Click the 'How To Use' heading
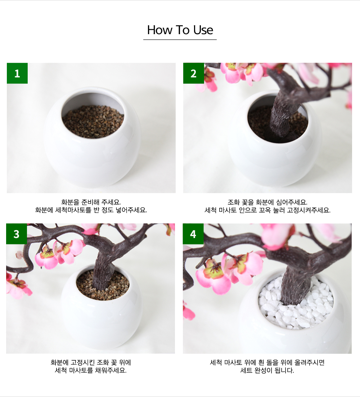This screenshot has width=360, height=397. tap(180, 30)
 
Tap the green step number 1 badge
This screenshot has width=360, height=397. tap(17, 73)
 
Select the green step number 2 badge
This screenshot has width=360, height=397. tap(194, 73)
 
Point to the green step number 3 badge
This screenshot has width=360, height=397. tap(17, 234)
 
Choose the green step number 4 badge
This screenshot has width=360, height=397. tap(193, 234)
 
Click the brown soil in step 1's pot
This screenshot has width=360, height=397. tap(93, 122)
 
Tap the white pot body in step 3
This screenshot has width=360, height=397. tap(102, 319)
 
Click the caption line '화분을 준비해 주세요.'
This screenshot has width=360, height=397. tap(91, 202)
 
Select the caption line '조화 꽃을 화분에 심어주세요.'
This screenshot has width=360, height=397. tap(267, 202)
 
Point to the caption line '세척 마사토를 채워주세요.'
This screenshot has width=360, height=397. tap(91, 370)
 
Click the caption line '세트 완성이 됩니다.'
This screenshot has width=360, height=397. tap(267, 370)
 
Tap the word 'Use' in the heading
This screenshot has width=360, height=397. tap(203, 30)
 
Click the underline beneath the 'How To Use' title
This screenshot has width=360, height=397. tap(180, 40)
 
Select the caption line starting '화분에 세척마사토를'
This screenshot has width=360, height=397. tap(91, 210)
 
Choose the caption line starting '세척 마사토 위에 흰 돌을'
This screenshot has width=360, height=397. tap(267, 362)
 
